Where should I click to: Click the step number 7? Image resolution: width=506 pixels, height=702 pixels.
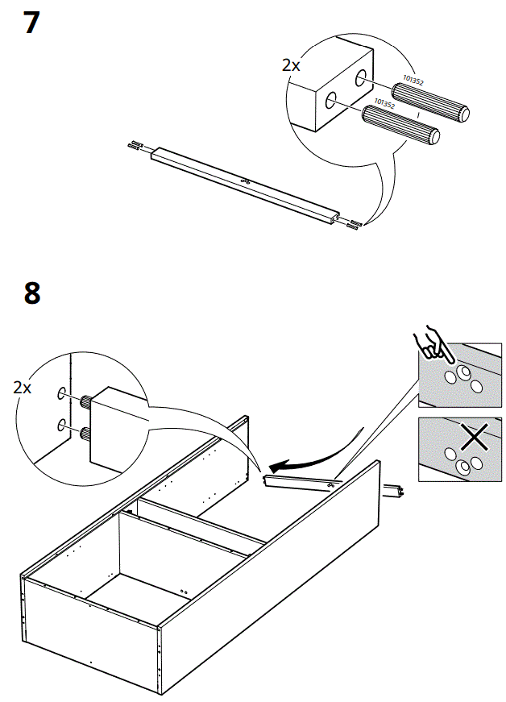[x=31, y=22]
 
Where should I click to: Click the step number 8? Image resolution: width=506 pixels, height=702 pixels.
[x=31, y=293]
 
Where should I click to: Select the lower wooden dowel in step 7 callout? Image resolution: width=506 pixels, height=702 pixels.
[x=400, y=125]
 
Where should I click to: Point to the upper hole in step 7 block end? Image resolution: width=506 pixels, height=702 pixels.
[x=359, y=78]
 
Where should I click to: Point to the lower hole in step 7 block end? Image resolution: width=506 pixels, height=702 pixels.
[x=330, y=102]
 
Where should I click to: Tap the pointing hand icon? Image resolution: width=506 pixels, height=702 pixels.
[x=432, y=343]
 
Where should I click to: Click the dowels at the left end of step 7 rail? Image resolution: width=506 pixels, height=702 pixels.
[x=135, y=146]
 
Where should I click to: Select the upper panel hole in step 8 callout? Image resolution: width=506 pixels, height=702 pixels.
[x=60, y=394]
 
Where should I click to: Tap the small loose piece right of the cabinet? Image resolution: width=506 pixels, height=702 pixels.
[x=394, y=489]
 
